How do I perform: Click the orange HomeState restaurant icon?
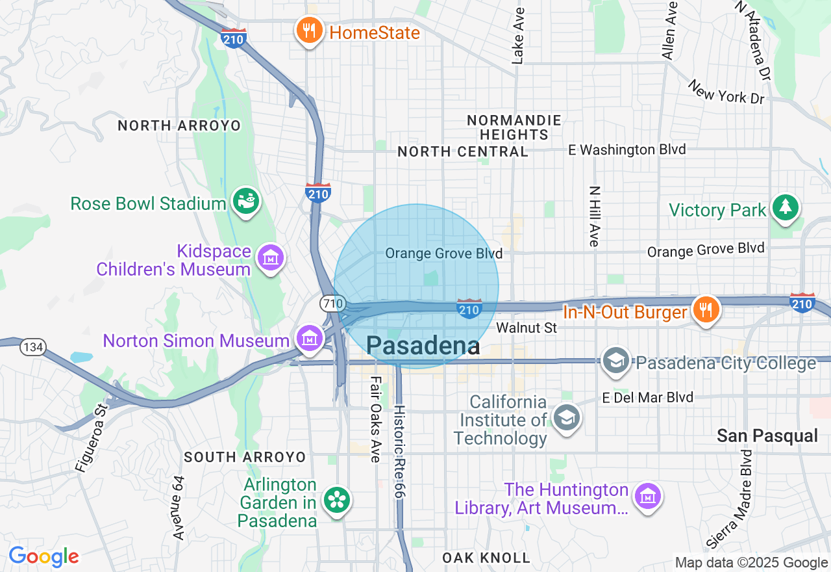tap(310, 30)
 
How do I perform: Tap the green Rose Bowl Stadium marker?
tap(246, 201)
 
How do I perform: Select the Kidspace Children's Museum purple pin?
tap(271, 258)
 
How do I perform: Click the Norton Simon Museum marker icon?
tap(310, 338)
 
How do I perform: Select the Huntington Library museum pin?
tap(648, 497)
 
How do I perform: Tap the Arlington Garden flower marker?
tap(338, 500)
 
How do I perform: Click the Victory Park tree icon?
tap(786, 207)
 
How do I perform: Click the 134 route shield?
tap(32, 347)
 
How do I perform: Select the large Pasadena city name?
tap(423, 346)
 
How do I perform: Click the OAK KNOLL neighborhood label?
tap(486, 558)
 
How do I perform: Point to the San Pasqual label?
tap(767, 436)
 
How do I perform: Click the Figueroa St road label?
tap(92, 439)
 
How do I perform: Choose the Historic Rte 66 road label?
tap(399, 452)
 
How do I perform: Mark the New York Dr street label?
tap(727, 92)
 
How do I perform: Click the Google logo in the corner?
tap(43, 557)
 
